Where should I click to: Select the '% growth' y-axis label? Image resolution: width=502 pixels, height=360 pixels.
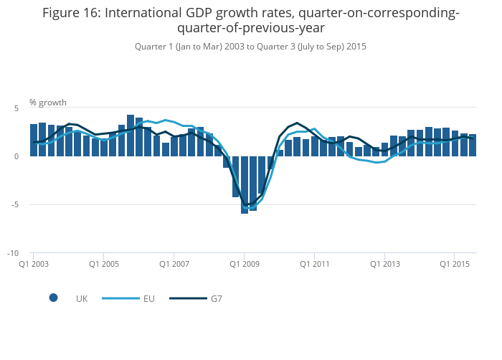[48, 103]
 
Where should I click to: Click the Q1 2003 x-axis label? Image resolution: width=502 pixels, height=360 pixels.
[33, 264]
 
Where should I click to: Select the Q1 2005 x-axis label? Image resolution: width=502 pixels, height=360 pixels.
[103, 264]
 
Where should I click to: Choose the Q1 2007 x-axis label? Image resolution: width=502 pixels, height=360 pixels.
[174, 264]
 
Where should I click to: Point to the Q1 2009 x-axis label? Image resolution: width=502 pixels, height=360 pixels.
[244, 264]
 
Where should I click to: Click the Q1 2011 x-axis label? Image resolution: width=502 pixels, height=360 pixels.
[314, 264]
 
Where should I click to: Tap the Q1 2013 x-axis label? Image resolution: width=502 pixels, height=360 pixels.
[384, 264]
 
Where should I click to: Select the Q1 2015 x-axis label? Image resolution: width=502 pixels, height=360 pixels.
[455, 264]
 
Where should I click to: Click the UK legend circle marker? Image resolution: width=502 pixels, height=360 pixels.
[53, 298]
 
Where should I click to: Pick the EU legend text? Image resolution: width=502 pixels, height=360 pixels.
[148, 298]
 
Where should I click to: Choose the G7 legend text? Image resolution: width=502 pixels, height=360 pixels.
[216, 298]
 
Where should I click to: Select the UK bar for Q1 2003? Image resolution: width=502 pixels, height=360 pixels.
[34, 141]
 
